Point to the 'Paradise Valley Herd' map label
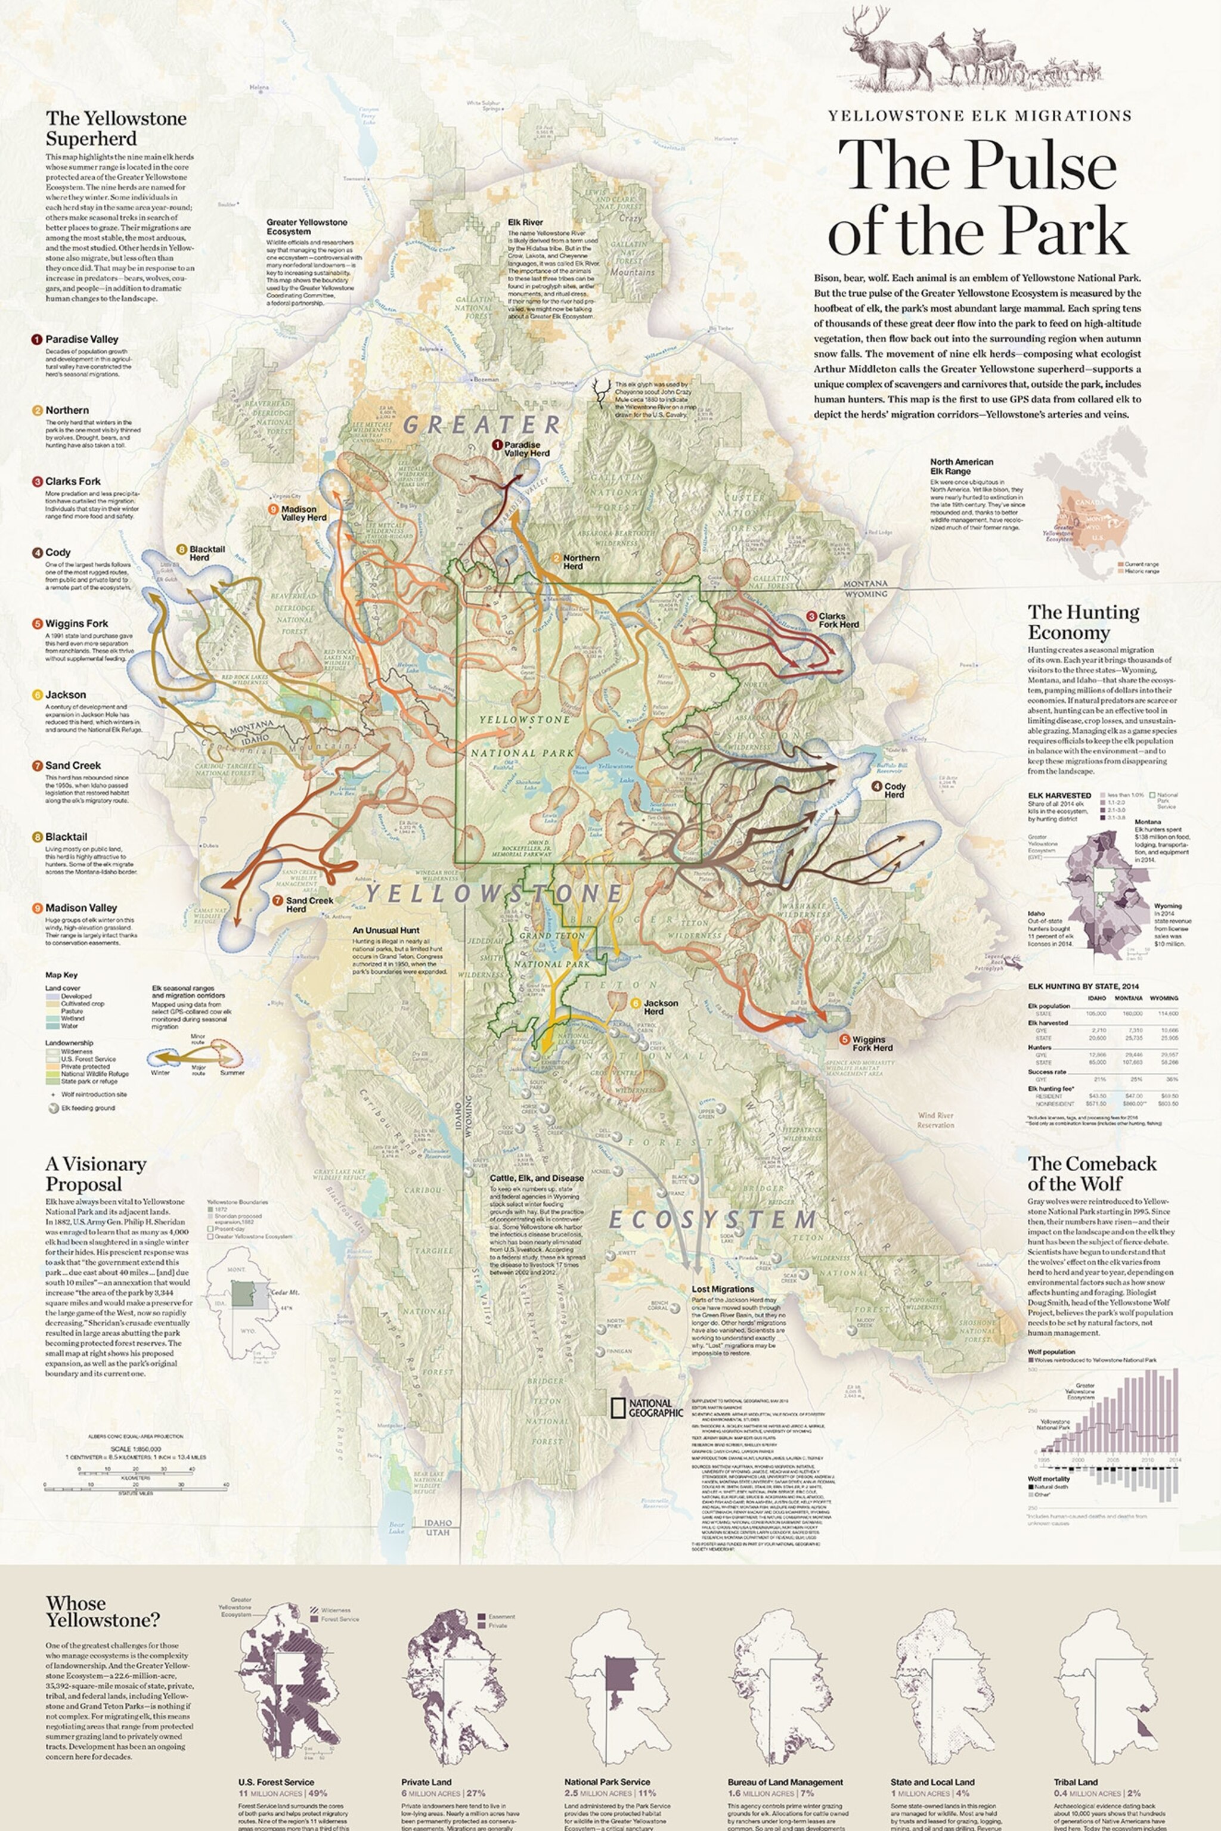[526, 448]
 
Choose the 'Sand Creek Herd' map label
[308, 904]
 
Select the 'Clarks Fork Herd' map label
[838, 620]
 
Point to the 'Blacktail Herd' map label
[206, 553]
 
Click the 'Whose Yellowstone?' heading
[102, 1610]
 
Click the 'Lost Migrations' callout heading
[723, 1289]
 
